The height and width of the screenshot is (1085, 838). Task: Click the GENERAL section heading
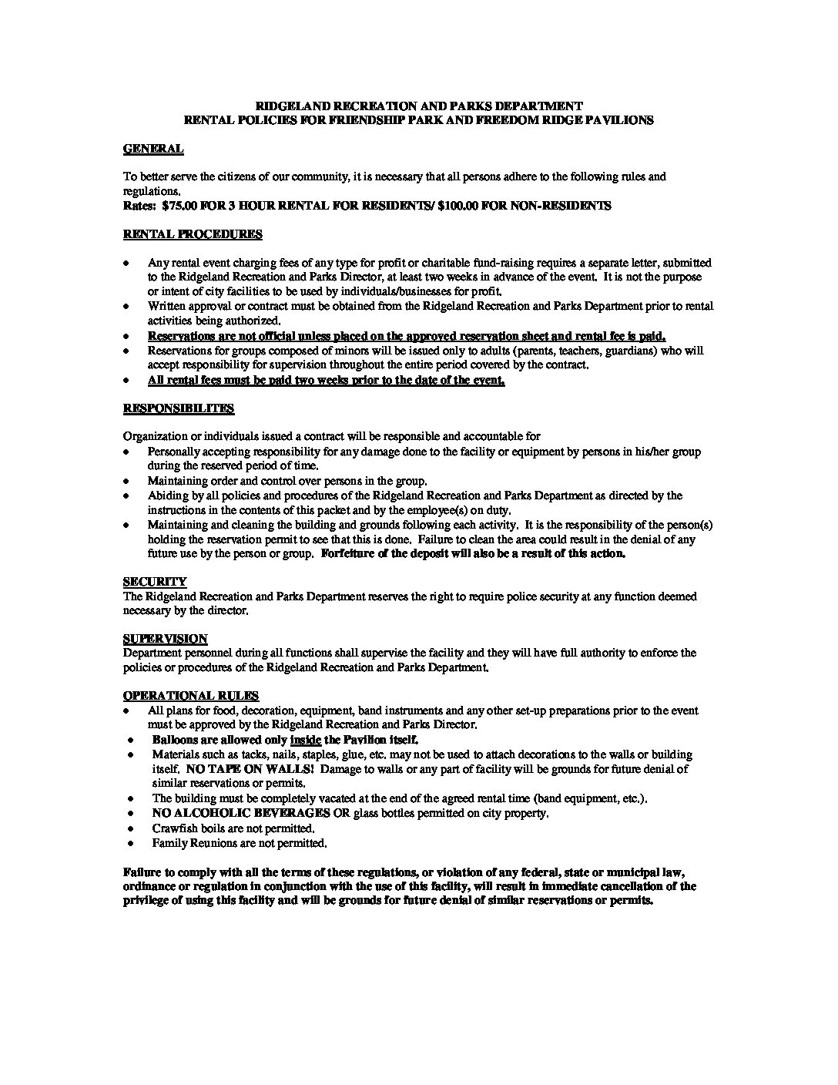click(x=153, y=149)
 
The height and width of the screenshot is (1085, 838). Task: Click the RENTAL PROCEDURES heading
click(x=193, y=234)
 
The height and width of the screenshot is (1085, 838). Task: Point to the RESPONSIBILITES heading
click(x=179, y=408)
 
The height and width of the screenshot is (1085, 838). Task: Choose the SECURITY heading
click(x=154, y=582)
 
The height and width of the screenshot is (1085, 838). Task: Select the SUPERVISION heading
click(x=165, y=639)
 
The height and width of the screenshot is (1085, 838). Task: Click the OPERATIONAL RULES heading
click(x=191, y=696)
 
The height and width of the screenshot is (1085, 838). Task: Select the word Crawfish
click(x=173, y=828)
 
